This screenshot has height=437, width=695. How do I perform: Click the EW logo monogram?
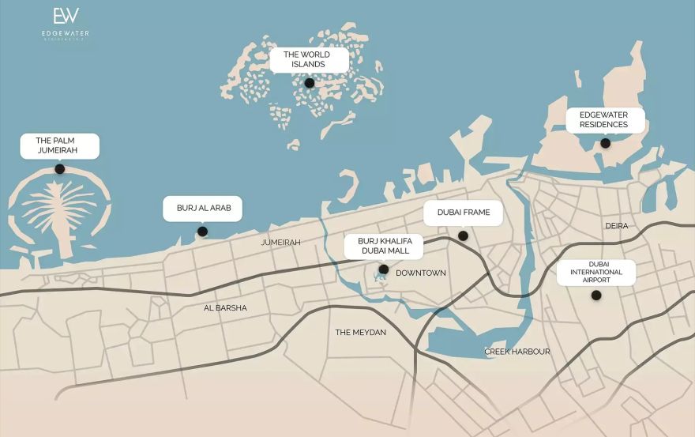pos(66,17)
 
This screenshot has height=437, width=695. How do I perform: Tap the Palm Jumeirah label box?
pos(57,145)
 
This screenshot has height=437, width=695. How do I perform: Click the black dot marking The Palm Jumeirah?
pos(59,169)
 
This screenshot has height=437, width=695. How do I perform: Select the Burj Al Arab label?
pos(203,209)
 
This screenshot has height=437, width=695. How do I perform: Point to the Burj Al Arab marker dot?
pos(202,232)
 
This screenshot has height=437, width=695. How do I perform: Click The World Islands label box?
pos(308,59)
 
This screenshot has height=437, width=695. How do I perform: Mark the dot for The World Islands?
pos(310,83)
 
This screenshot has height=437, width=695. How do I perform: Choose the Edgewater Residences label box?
pos(604,119)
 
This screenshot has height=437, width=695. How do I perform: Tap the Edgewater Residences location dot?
pos(605,143)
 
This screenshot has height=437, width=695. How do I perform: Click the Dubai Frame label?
pos(464,213)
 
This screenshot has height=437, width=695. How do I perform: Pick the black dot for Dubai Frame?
pos(464,235)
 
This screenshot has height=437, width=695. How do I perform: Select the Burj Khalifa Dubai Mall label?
pos(385,246)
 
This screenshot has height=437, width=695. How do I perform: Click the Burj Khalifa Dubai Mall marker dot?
pos(383,269)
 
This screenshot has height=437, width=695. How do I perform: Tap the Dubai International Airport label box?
pos(596,272)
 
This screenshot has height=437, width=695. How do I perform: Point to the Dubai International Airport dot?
pos(596,296)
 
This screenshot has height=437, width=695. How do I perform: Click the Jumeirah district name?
pos(281,243)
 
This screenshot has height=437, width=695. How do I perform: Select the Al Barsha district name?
pos(225,308)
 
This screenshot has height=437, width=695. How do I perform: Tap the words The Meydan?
pos(361,333)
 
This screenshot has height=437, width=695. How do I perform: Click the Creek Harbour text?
pos(517,352)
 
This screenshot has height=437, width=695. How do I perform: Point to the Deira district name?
pos(617,226)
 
